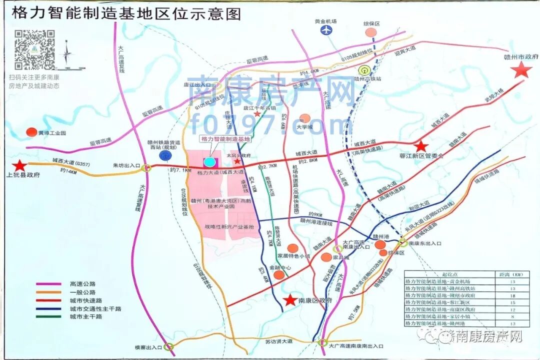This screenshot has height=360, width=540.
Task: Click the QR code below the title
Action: point(34,49)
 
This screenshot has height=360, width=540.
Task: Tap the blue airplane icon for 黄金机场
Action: point(326,30)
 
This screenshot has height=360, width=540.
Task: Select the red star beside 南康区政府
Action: point(289,300)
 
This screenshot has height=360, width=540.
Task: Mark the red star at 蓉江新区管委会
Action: point(421,146)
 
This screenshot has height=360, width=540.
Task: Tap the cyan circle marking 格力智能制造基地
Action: point(210,161)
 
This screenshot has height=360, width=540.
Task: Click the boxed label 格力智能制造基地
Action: point(224,138)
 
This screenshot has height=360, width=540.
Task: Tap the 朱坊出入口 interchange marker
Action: point(146,168)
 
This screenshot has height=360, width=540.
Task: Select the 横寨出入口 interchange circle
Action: point(169,346)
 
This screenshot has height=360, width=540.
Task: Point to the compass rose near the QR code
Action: point(67,53)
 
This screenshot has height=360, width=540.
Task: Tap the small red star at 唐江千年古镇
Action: point(257,114)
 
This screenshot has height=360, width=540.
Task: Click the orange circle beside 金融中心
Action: point(279,274)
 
